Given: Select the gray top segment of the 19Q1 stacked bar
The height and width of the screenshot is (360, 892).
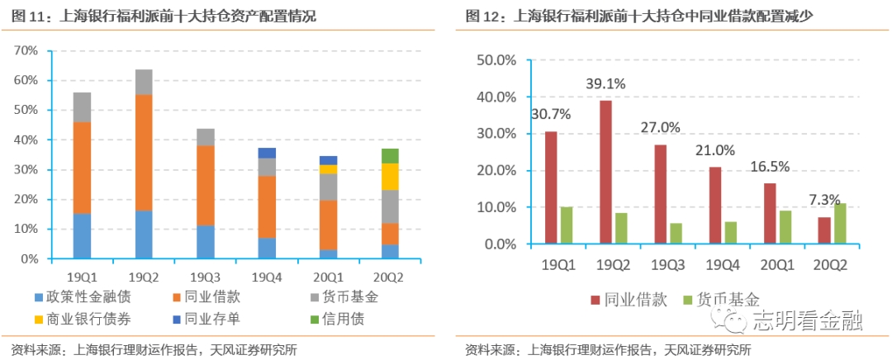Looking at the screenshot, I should click(82, 107).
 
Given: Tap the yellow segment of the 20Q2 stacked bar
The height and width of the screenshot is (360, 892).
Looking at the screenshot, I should click(390, 177).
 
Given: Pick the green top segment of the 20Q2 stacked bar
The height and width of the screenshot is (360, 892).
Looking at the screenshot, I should click(390, 156).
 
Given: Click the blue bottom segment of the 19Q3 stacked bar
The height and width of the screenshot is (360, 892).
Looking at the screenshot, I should click(205, 242).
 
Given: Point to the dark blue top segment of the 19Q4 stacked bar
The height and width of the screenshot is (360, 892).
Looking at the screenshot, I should click(266, 153).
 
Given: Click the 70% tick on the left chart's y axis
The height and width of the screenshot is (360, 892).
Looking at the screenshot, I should click(26, 51).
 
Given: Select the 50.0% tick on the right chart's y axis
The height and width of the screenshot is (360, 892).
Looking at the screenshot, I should click(497, 60).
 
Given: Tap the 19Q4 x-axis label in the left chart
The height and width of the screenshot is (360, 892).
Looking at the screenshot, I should click(266, 276).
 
